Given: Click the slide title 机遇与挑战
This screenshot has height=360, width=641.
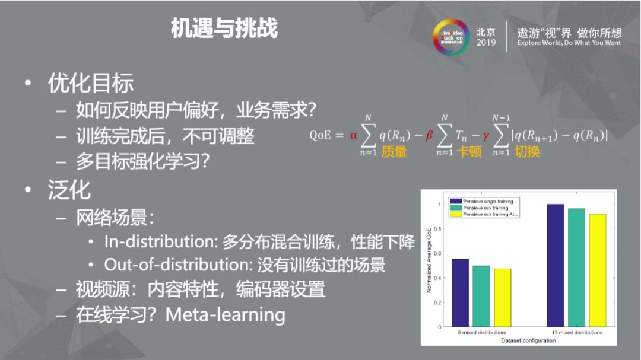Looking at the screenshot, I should pos(224,28).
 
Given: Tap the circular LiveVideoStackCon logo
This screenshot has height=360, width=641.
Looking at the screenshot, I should pos(452,37).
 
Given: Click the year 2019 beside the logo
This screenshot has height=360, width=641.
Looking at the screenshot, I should pos(485,43).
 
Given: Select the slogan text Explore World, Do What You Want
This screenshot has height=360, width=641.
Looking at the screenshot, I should pos(569,43).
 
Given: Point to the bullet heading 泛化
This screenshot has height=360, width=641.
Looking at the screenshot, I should pos(69,190).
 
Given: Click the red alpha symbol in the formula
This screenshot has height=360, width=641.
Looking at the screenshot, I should pos(354,135).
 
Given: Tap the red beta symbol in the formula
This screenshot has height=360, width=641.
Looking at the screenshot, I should pos(430,135).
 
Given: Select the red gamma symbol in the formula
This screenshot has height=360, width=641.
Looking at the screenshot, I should pos(485,136).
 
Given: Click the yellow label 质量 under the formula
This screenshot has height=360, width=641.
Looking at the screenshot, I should pos(394,152).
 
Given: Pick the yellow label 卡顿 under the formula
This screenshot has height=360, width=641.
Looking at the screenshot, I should pos(469,152).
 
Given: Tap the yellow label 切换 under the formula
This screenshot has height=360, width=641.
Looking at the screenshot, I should pos(527,152).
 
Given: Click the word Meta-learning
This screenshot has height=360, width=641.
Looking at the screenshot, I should pos(225,314).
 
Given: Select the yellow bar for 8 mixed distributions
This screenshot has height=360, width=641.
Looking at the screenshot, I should pos(502,297).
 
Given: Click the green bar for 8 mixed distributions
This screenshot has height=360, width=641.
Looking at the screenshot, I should pos(481,296).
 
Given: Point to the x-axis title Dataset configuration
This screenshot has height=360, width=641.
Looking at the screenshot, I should pos(520,340).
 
